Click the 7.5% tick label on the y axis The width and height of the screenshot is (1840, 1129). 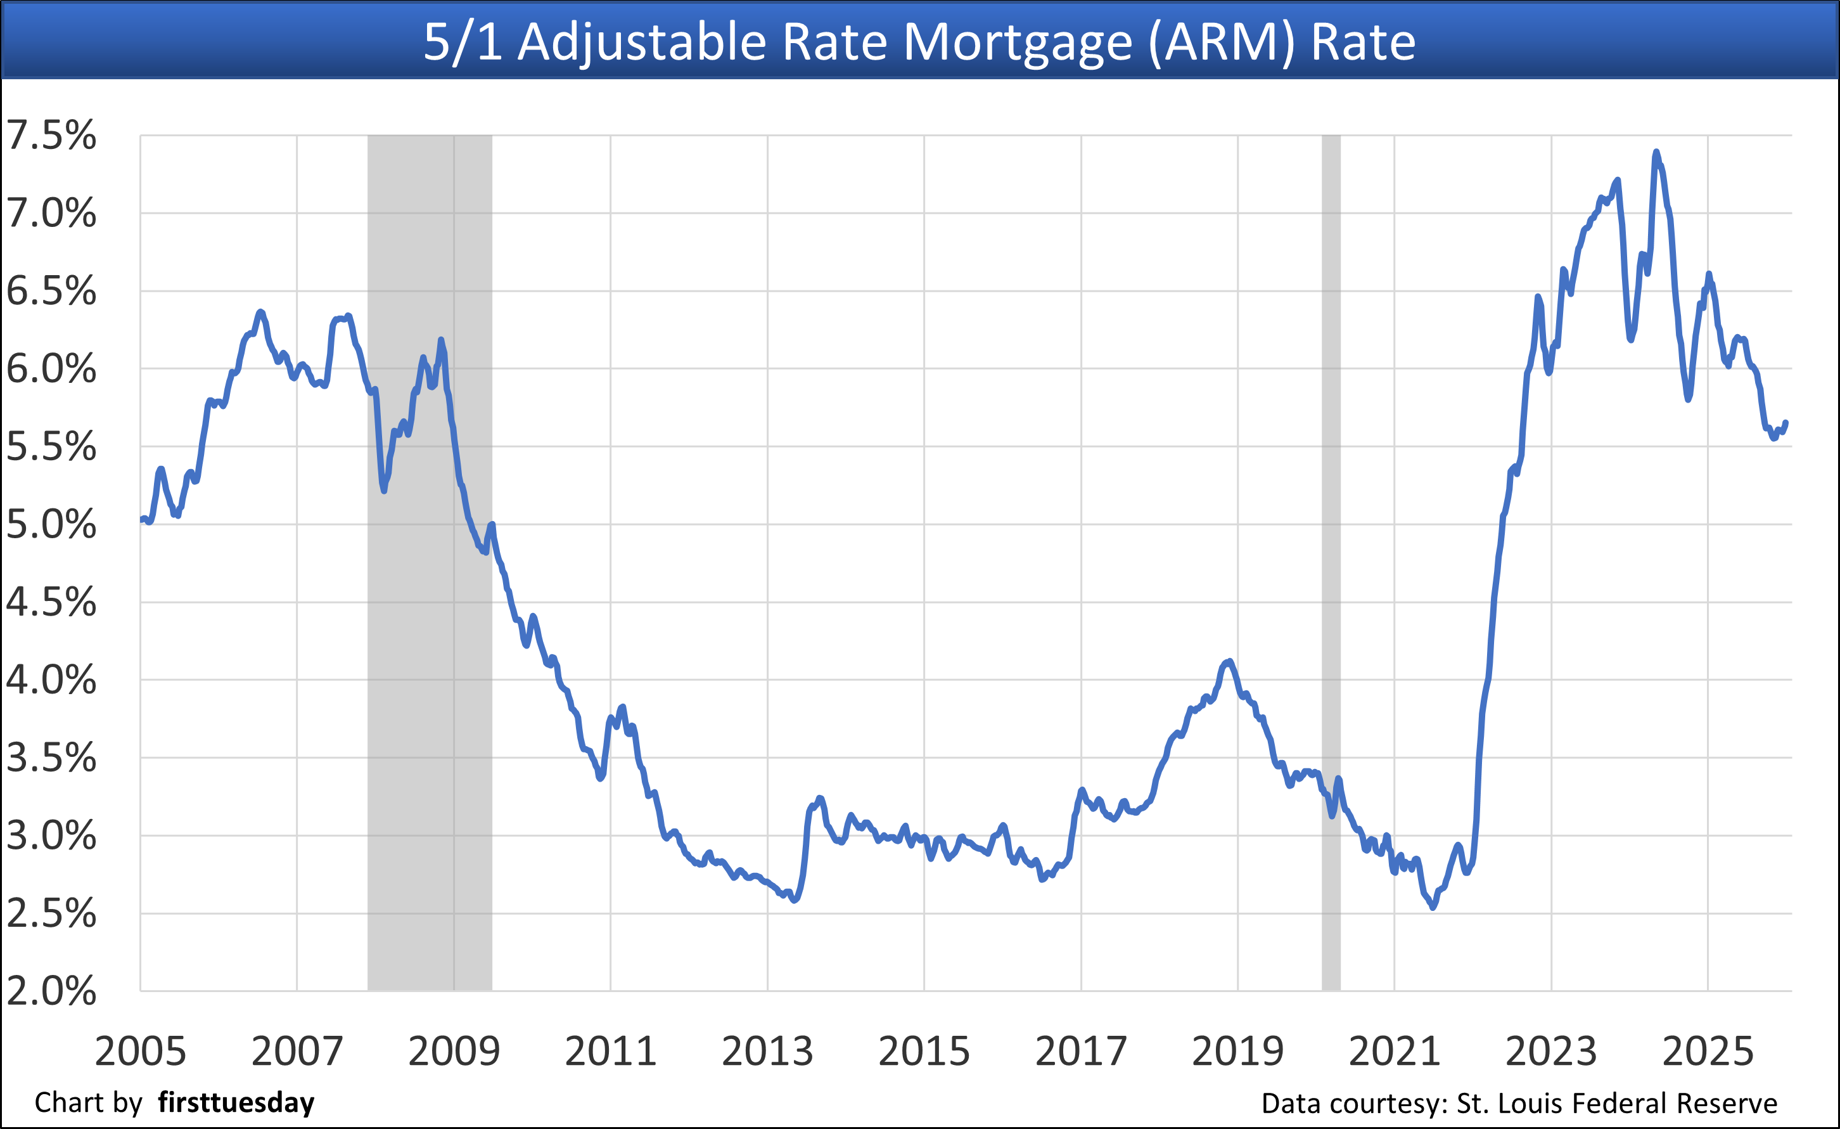coord(51,136)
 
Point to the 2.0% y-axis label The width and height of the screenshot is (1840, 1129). coord(51,991)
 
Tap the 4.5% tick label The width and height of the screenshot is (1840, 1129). coord(51,602)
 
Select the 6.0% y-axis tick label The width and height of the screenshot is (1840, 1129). coord(51,369)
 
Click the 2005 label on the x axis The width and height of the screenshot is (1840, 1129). coord(141,1051)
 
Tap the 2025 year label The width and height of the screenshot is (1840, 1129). coord(1708,1051)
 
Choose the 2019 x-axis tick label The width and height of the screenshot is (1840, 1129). coord(1237,1051)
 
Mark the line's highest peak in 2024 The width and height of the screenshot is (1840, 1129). coord(1656,152)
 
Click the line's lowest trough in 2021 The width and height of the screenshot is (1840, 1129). coord(1432,908)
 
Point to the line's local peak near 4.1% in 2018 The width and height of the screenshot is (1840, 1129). coord(1229,661)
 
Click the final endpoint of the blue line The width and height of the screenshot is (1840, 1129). coord(1786,423)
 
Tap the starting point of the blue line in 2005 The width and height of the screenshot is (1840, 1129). coord(141,519)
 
